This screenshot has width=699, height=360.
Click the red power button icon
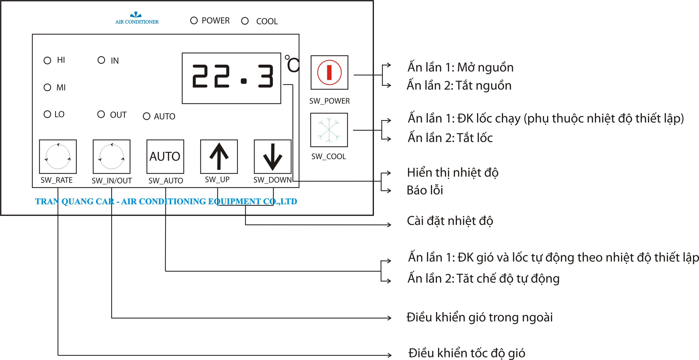[329, 72]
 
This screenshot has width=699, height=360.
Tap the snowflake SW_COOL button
[329, 130]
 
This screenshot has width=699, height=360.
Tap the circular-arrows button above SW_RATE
[58, 157]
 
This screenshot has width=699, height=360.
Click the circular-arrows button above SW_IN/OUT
[112, 157]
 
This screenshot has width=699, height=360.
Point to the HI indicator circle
[47, 60]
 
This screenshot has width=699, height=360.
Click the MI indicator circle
[47, 87]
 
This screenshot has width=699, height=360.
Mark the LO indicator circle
[47, 114]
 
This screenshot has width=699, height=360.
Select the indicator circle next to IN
[101, 60]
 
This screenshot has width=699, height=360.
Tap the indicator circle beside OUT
[101, 114]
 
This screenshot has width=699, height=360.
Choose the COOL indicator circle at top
[245, 21]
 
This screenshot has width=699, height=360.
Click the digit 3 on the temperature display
[265, 76]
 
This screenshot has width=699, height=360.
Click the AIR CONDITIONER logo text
[137, 22]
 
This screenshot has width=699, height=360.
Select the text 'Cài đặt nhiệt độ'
[450, 221]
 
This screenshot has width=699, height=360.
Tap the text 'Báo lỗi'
[425, 190]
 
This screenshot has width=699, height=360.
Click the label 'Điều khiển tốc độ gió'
[467, 353]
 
